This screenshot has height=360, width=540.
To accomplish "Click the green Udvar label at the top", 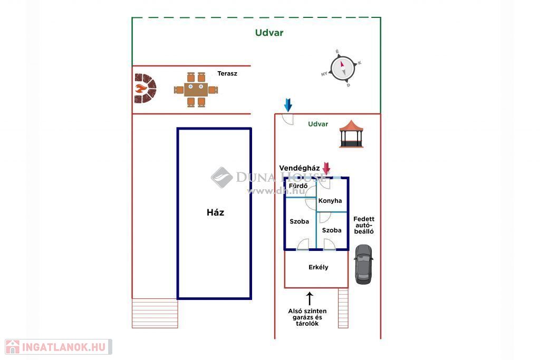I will coord(269,33).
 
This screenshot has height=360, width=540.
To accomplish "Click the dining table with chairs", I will coord(196,90).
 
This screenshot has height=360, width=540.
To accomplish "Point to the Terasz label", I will coord(227,74).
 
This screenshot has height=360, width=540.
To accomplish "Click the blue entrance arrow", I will coord(288,104).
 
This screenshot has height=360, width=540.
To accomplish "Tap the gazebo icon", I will coord(351,134).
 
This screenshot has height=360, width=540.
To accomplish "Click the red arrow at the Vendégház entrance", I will coord(326,168).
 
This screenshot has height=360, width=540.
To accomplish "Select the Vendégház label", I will coord(300,168).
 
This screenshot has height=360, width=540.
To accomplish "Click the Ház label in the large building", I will coord(215,213).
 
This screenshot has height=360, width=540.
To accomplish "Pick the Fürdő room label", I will coord(298,186).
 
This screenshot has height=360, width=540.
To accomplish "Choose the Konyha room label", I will coord(330,201).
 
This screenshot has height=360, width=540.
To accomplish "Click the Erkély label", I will coord(318,267).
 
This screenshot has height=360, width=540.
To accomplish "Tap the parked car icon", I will coord(363,264).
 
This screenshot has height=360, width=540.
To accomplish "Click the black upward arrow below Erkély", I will coord(310,298).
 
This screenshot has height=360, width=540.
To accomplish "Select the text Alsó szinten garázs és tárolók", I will coord(307,317).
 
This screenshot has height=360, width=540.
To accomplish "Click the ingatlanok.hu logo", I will coord(56,347).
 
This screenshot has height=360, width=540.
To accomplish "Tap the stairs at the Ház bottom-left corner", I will coord(155,313).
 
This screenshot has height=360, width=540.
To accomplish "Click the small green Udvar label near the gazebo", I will coord(318,124).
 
